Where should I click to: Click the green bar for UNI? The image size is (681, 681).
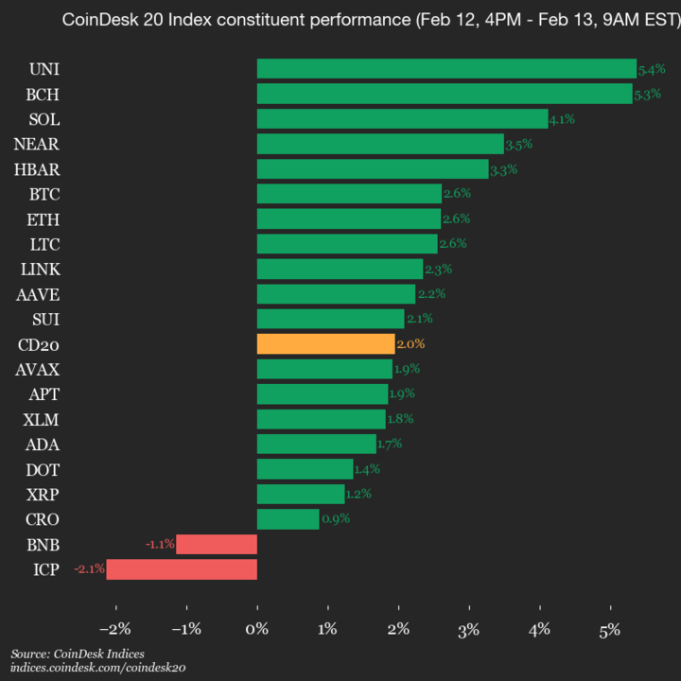coord(446,69)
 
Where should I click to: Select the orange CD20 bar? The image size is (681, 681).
coord(325,343)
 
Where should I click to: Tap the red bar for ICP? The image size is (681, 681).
coord(182,569)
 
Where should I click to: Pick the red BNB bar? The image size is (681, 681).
coord(217,544)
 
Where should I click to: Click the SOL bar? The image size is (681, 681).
coord(402,119)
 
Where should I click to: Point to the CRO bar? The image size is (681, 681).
coord(288,519)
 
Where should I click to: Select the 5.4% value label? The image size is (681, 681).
coord(652,69)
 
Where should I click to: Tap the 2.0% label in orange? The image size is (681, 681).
coord(410,343)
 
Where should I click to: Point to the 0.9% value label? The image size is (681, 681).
coord(336,519)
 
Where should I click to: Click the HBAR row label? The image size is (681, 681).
coord(38,169)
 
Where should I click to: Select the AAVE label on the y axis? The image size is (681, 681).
coord(38,294)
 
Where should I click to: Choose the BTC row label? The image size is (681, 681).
coord(44,194)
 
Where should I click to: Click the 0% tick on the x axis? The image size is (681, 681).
coord(257,629)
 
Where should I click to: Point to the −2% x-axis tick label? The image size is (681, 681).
coord(114,629)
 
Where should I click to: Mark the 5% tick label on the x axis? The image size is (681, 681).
coord(610,629)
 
